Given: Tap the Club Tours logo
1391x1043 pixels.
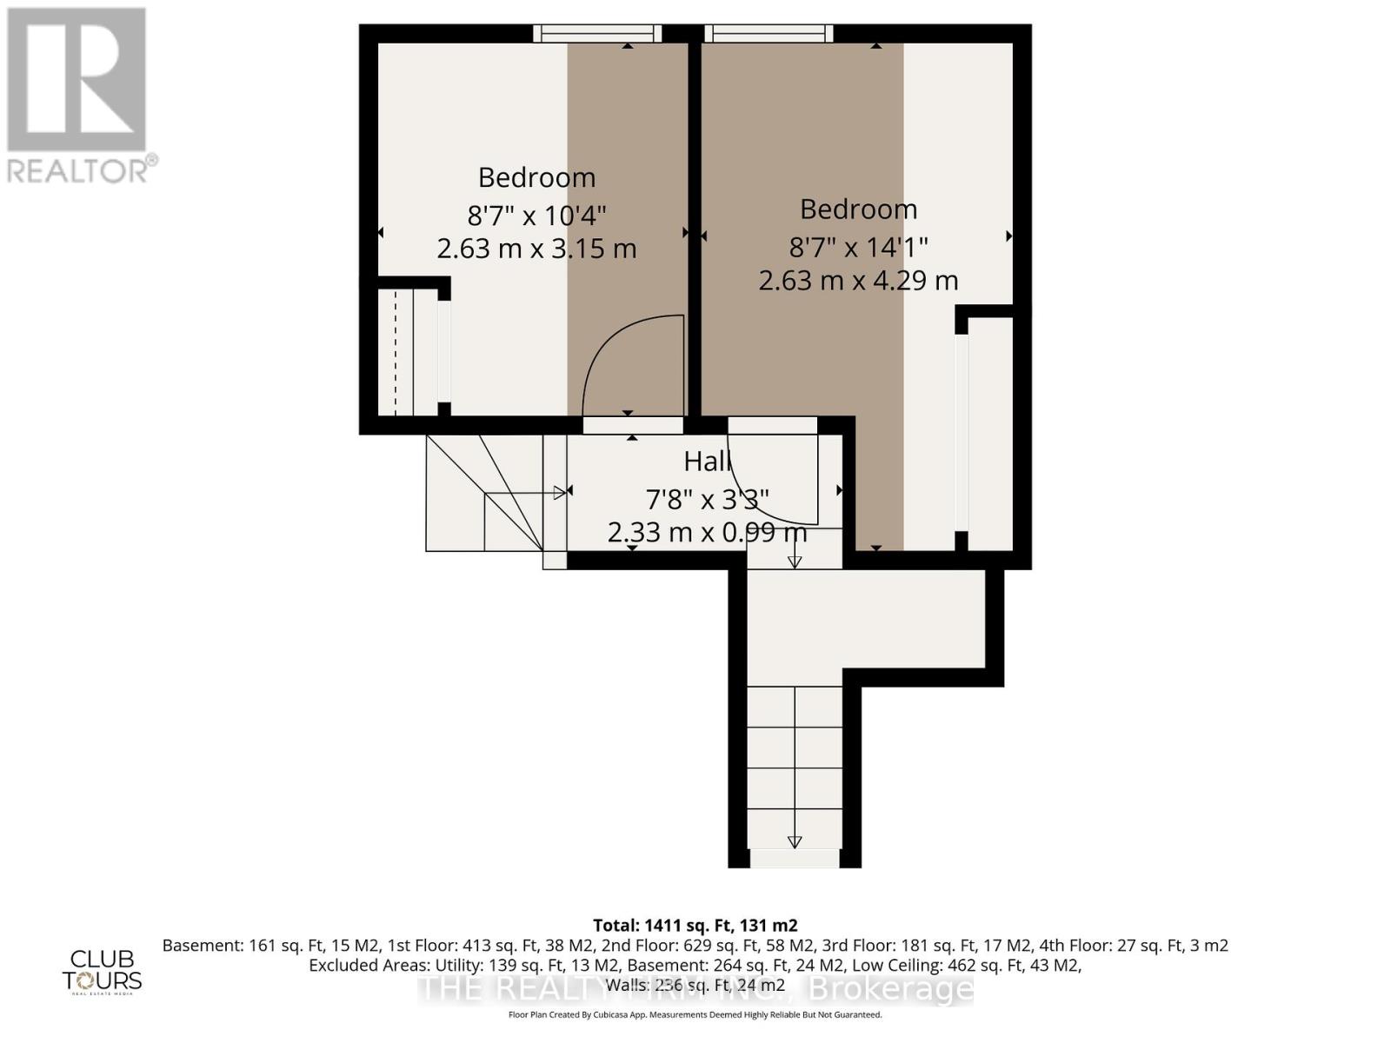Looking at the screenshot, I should tap(102, 971).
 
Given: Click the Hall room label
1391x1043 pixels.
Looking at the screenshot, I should tap(706, 462).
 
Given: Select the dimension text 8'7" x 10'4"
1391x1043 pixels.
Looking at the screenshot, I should tap(536, 214).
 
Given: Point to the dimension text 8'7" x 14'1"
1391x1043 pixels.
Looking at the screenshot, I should tap(858, 247).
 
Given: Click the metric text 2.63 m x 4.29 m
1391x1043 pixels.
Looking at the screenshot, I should tap(858, 281).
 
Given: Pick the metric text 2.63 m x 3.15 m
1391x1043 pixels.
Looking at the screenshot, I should tap(536, 249).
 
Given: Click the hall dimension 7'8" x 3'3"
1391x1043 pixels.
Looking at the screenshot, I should tap(706, 499).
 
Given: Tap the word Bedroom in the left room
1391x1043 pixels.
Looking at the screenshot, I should tap(536, 177).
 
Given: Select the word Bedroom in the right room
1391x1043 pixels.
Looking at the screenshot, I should tap(858, 209).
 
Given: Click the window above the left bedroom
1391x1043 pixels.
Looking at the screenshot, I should tap(597, 33).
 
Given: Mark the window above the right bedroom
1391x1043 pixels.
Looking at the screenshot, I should tap(769, 33).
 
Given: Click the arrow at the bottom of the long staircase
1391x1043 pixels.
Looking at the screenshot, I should tap(794, 841).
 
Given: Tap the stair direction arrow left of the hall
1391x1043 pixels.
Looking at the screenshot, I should tap(559, 493).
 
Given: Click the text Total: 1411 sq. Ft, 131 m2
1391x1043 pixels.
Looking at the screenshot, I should tap(695, 926).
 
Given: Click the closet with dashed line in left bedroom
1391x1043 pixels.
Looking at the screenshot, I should tap(405, 352).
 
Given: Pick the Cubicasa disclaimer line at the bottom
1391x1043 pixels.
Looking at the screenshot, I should tap(695, 1014).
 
